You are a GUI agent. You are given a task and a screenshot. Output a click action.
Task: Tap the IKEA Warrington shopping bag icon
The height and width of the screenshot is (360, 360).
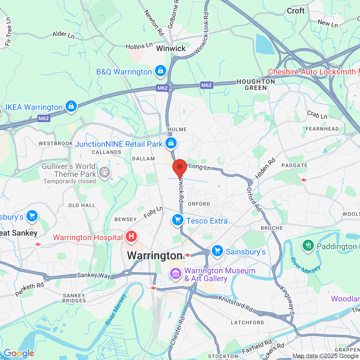pyautogui.click(x=71, y=107)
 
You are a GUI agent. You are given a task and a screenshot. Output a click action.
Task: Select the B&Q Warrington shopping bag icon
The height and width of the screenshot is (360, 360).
pyautogui.click(x=161, y=71)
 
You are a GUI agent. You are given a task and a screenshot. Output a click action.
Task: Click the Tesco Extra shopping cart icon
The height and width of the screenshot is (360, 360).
pyautogui.click(x=178, y=220)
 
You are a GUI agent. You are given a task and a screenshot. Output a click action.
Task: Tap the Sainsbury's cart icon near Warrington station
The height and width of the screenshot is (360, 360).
pyautogui.click(x=217, y=251)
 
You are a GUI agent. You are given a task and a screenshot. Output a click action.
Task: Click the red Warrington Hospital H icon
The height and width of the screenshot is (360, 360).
pyautogui.click(x=131, y=237)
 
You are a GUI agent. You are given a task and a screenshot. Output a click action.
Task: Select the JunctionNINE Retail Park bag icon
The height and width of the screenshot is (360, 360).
pyautogui.click(x=171, y=143)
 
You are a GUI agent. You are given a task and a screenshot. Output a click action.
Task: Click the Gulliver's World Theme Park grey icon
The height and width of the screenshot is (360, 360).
pyautogui.click(x=105, y=172)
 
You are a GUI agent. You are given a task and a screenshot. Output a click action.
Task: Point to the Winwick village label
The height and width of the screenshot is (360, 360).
pyautogui.click(x=171, y=48)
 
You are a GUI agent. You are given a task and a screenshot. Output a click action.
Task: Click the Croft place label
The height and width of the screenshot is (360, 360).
pyautogui.click(x=296, y=11)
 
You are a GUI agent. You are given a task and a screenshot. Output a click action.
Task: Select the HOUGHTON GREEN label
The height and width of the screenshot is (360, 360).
pyautogui.click(x=256, y=85)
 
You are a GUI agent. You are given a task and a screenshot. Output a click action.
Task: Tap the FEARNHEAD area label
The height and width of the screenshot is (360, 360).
pyautogui.click(x=322, y=129)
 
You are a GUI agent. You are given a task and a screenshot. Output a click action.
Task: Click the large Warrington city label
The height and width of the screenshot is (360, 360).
pyautogui.click(x=155, y=255)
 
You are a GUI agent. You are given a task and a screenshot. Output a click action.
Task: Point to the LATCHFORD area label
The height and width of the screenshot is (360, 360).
pyautogui.click(x=247, y=323)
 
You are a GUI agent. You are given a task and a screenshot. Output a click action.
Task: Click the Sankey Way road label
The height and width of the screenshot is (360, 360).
pyautogui.click(x=94, y=275)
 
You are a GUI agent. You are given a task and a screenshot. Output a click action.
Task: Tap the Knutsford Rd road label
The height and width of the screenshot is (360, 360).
pyautogui.click(x=236, y=304)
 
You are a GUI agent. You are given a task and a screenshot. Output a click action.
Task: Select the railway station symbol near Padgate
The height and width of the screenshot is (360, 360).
pyautogui.click(x=304, y=180)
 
